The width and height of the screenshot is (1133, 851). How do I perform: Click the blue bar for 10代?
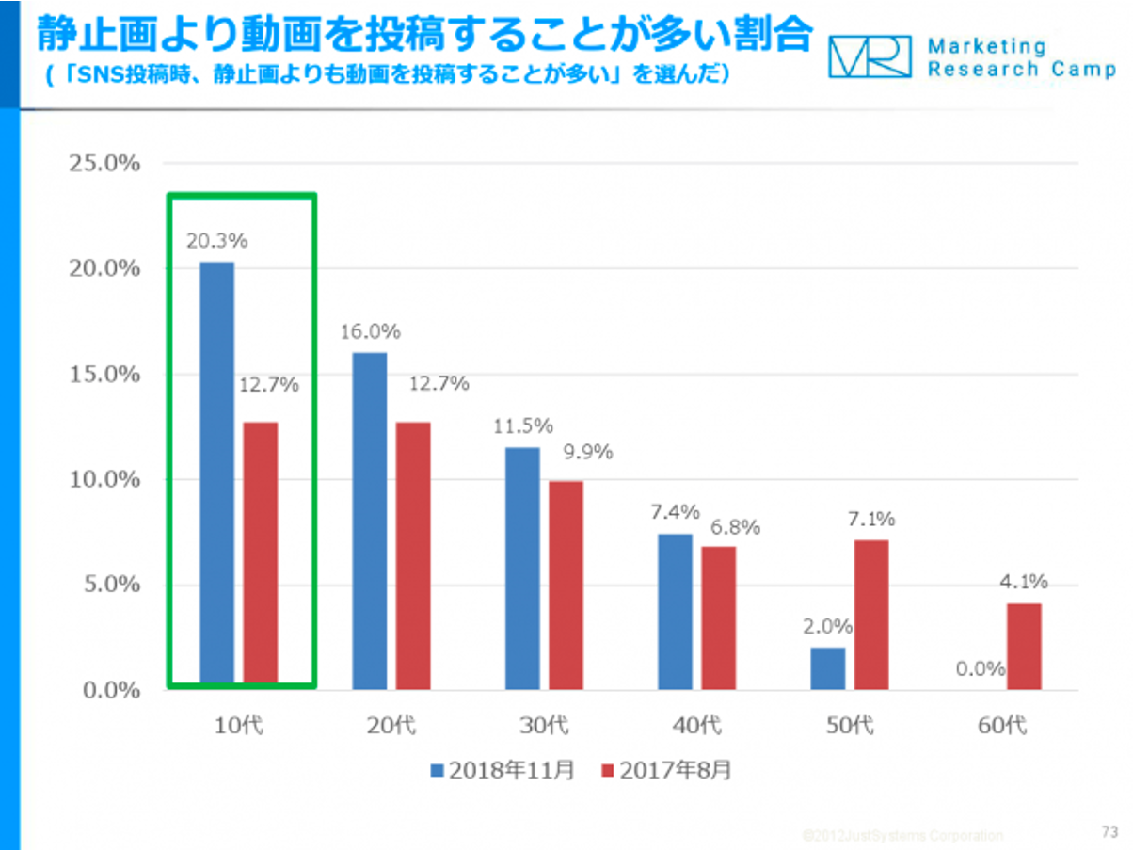click(x=217, y=473)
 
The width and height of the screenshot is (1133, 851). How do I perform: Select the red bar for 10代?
click(x=261, y=553)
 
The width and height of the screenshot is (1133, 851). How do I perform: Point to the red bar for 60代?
click(x=1024, y=647)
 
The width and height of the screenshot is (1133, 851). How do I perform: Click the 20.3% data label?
click(x=216, y=241)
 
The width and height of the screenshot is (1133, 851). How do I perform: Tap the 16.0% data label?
click(x=370, y=331)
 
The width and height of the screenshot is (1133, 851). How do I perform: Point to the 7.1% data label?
click(x=870, y=519)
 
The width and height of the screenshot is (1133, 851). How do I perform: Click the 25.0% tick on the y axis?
click(x=104, y=163)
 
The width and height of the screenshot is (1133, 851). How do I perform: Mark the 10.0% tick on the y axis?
click(x=104, y=479)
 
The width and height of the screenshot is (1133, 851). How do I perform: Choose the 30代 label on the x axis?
click(x=545, y=726)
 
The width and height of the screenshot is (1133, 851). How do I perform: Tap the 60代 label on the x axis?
click(x=1002, y=726)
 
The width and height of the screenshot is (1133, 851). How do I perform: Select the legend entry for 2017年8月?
click(x=665, y=770)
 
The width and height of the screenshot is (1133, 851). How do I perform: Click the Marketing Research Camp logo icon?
click(x=870, y=56)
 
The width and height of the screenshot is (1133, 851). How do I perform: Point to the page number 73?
click(x=1109, y=831)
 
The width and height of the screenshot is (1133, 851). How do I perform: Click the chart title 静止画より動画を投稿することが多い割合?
click(x=423, y=35)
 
